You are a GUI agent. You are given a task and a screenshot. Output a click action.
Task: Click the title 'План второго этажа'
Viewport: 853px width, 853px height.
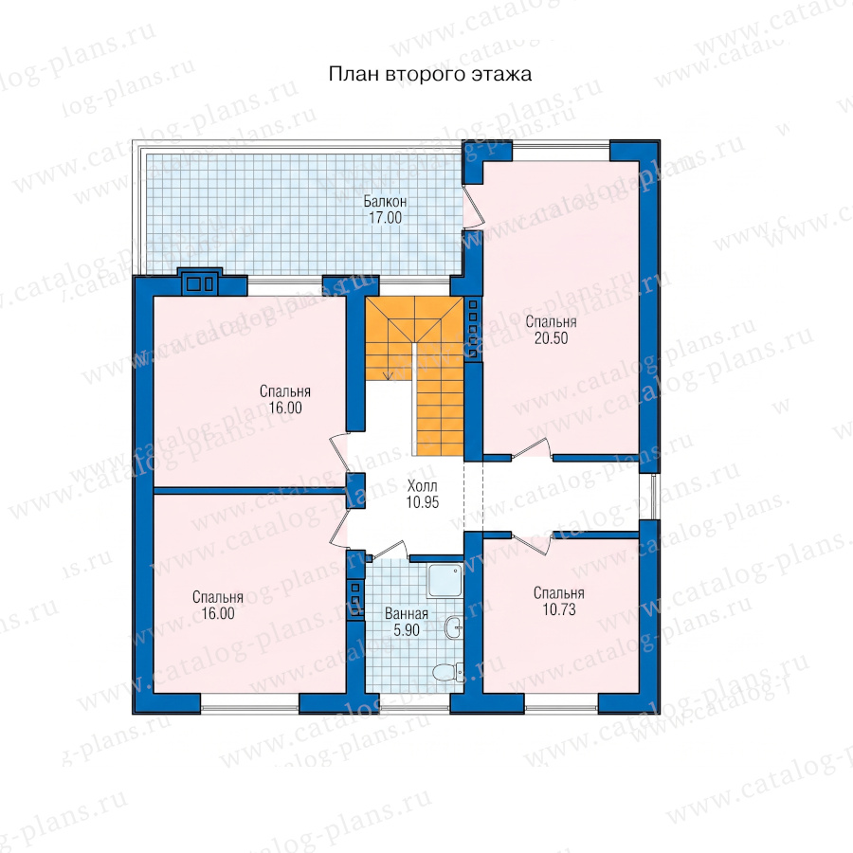pyautogui.click(x=429, y=75)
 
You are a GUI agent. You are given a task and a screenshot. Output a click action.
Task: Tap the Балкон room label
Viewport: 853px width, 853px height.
pyautogui.click(x=385, y=202)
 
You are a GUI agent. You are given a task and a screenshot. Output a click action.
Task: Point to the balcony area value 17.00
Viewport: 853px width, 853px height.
pyautogui.click(x=385, y=218)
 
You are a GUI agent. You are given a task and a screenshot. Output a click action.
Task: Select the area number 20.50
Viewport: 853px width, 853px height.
pyautogui.click(x=551, y=338)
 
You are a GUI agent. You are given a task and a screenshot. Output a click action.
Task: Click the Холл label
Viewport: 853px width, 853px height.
pyautogui.click(x=422, y=486)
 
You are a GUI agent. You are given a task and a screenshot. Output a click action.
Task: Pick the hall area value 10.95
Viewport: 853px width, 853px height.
pyautogui.click(x=422, y=502)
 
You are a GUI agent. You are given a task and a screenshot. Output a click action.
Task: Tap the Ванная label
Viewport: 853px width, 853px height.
pyautogui.click(x=407, y=613)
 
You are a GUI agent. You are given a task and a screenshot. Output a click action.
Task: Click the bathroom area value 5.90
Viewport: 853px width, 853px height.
pyautogui.click(x=407, y=630)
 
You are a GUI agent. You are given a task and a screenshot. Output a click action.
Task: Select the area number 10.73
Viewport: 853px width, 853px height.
pyautogui.click(x=559, y=609)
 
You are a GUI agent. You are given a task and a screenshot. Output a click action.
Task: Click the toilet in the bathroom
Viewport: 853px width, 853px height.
pyautogui.click(x=448, y=671)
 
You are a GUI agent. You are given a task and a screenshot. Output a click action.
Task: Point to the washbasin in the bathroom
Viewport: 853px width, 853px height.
pyautogui.click(x=453, y=627)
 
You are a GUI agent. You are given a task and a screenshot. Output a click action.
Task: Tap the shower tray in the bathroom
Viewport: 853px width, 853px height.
pyautogui.click(x=445, y=580)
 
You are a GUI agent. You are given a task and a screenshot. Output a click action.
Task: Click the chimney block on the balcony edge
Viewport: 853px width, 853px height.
pyautogui.click(x=200, y=281)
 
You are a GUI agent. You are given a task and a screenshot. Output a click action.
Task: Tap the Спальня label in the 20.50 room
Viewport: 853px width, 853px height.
pyautogui.click(x=551, y=322)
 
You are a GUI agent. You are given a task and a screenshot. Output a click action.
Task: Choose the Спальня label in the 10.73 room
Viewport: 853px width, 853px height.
pyautogui.click(x=559, y=593)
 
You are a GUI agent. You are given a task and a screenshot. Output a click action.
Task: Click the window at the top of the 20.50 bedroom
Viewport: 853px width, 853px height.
pyautogui.click(x=561, y=151)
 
